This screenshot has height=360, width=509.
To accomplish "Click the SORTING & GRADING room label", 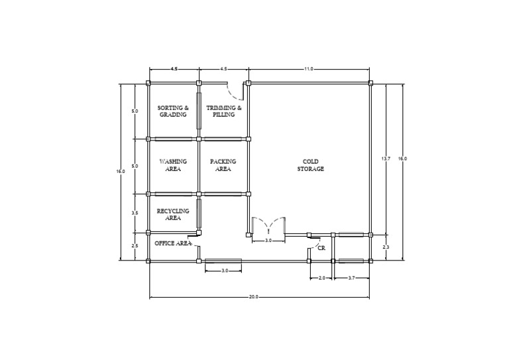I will (173, 111).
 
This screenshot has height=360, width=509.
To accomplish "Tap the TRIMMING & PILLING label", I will (224, 111).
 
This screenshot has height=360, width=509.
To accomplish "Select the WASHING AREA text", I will (173, 164).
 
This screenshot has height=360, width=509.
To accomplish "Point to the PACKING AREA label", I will (223, 164).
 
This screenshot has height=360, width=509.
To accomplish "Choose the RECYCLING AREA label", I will (173, 214).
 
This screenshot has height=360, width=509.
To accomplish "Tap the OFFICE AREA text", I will (173, 243).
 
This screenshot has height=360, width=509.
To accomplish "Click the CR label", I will (321, 247).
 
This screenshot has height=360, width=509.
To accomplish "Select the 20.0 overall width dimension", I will (253, 296).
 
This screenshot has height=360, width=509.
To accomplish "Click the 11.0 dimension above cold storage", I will (309, 69).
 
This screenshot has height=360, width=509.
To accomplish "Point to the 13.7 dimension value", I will (386, 158).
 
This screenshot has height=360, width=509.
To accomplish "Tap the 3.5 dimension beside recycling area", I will (135, 213).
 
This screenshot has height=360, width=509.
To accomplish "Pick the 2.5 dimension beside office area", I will (135, 246).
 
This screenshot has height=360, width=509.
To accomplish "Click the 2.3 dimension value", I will (386, 247).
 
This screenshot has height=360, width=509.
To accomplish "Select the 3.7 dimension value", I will (351, 279).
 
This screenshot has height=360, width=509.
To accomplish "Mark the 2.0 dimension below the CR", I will (321, 279).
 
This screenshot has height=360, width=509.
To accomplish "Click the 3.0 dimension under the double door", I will (268, 241).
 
